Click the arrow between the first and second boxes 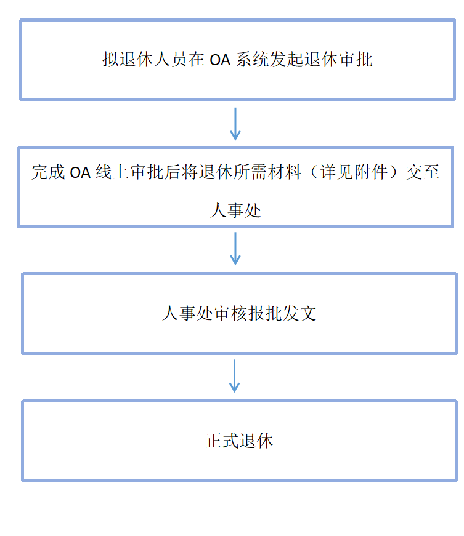click(x=235, y=123)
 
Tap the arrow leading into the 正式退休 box click(x=235, y=375)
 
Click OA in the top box click(x=220, y=60)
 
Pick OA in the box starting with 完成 click(x=79, y=172)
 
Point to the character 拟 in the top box click(x=109, y=60)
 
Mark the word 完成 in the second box click(x=48, y=172)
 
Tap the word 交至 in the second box click(x=423, y=172)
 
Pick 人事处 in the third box click(x=187, y=313)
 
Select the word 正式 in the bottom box click(x=221, y=441)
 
